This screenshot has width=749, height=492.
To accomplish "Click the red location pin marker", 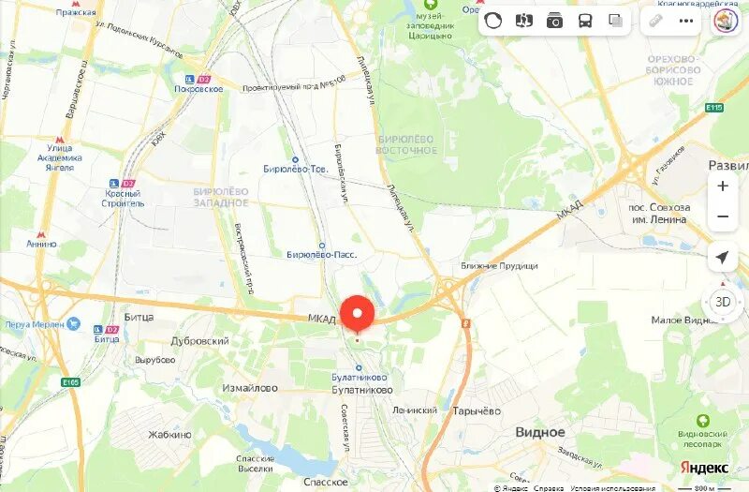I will (x=357, y=312).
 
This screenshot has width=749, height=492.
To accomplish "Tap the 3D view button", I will (x=722, y=302).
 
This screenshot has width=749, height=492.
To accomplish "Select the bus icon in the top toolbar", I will (x=585, y=21).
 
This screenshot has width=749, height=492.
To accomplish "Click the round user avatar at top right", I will (x=726, y=21).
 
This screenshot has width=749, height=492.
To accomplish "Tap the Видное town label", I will (x=540, y=432).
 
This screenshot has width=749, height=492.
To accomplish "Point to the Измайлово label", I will (x=250, y=388).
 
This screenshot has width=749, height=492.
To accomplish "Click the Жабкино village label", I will (x=169, y=435).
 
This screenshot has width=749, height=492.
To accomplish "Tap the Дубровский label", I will (x=198, y=341).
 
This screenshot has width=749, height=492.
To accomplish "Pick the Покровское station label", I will (x=198, y=88).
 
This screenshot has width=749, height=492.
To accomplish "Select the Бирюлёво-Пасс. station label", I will (x=321, y=255).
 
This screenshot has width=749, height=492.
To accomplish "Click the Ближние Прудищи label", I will (x=499, y=266).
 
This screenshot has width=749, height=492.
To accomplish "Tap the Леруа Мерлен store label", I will (x=34, y=324).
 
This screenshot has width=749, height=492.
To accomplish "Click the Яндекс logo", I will (x=704, y=468).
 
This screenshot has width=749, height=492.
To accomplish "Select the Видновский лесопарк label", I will (x=702, y=440).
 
